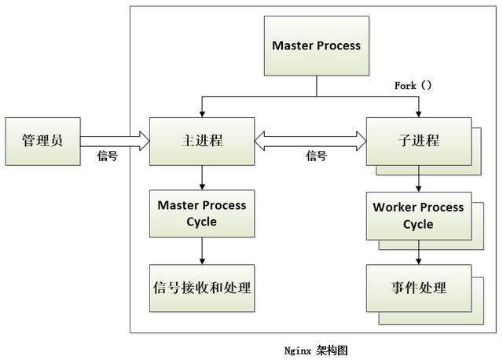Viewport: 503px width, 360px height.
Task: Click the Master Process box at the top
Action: [316, 46]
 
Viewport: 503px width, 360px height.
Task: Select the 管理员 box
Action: [42, 141]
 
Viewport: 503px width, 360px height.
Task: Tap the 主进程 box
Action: [202, 141]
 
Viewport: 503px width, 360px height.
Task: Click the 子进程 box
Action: [418, 141]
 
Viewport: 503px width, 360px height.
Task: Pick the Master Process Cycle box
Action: [202, 213]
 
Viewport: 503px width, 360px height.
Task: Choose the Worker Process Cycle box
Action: [418, 215]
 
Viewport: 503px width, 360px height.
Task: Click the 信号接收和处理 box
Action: [202, 287]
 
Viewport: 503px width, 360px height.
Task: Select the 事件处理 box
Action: [418, 288]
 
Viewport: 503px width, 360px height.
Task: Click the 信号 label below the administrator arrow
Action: [107, 156]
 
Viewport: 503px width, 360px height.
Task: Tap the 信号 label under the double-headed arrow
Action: [316, 156]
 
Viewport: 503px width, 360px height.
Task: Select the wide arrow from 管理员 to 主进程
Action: [114, 141]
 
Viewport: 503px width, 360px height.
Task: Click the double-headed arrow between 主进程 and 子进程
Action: [310, 141]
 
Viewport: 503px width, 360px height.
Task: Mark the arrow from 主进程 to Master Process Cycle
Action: [202, 177]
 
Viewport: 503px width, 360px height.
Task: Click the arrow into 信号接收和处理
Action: [202, 251]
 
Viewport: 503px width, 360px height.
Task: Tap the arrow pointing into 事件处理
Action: [418, 253]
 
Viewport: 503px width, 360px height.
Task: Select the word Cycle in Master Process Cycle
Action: [202, 222]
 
